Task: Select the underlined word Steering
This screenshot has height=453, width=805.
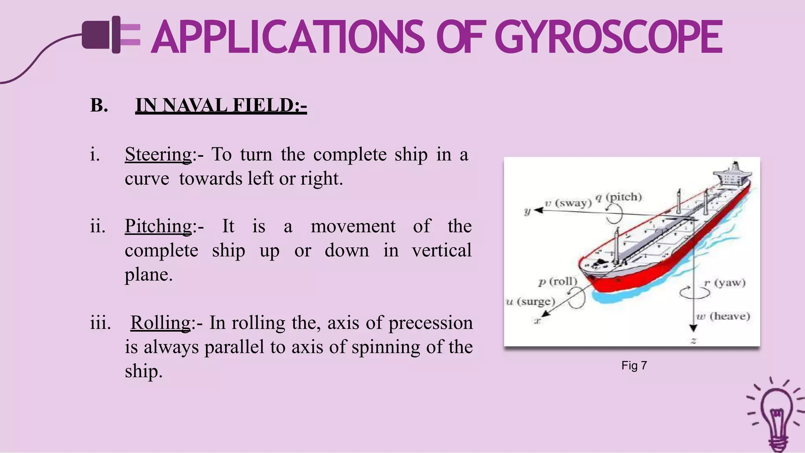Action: (x=158, y=154)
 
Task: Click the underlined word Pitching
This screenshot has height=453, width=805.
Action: (x=158, y=226)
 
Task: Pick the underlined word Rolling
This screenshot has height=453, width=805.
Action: (x=160, y=323)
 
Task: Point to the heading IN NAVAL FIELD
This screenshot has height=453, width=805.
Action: (x=221, y=105)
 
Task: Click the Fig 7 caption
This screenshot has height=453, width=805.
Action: (x=634, y=365)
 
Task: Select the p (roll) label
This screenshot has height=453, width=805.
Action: (x=557, y=281)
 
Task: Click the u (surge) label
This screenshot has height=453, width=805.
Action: (x=530, y=301)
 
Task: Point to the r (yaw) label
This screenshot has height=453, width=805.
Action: (x=724, y=282)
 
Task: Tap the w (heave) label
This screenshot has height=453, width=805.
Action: (x=723, y=316)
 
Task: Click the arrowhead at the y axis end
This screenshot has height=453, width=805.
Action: (x=538, y=210)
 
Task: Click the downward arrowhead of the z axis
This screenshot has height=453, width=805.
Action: (x=693, y=328)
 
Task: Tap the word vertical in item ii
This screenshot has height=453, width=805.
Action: (x=441, y=251)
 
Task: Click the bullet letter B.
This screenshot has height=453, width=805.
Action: (x=99, y=105)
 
